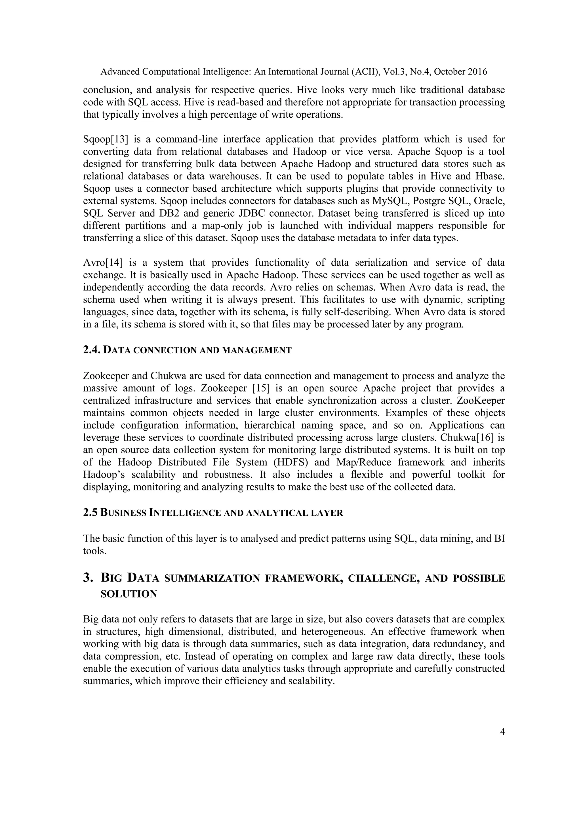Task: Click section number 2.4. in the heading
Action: (92, 350)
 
